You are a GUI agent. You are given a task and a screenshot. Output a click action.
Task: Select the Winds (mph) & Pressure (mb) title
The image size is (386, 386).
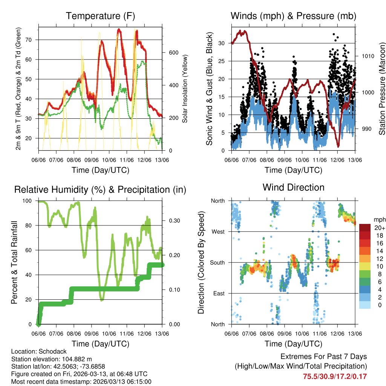click(x=293, y=16)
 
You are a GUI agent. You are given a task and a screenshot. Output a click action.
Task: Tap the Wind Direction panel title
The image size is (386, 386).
click(x=293, y=187)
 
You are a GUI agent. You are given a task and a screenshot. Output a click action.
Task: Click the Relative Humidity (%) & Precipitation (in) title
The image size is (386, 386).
click(x=100, y=190)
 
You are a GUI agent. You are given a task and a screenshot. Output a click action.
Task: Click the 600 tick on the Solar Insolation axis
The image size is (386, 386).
click(x=173, y=52)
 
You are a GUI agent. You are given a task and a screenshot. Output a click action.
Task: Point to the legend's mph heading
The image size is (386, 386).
click(x=379, y=219)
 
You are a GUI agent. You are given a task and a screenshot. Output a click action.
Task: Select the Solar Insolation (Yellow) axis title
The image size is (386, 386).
click(x=185, y=89)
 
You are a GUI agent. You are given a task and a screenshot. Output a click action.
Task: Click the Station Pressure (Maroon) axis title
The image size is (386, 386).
click(x=382, y=89)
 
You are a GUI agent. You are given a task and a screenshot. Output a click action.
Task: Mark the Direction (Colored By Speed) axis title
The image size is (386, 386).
click(x=201, y=262)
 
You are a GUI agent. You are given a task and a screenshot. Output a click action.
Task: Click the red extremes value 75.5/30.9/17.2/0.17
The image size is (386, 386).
click(x=335, y=376)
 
